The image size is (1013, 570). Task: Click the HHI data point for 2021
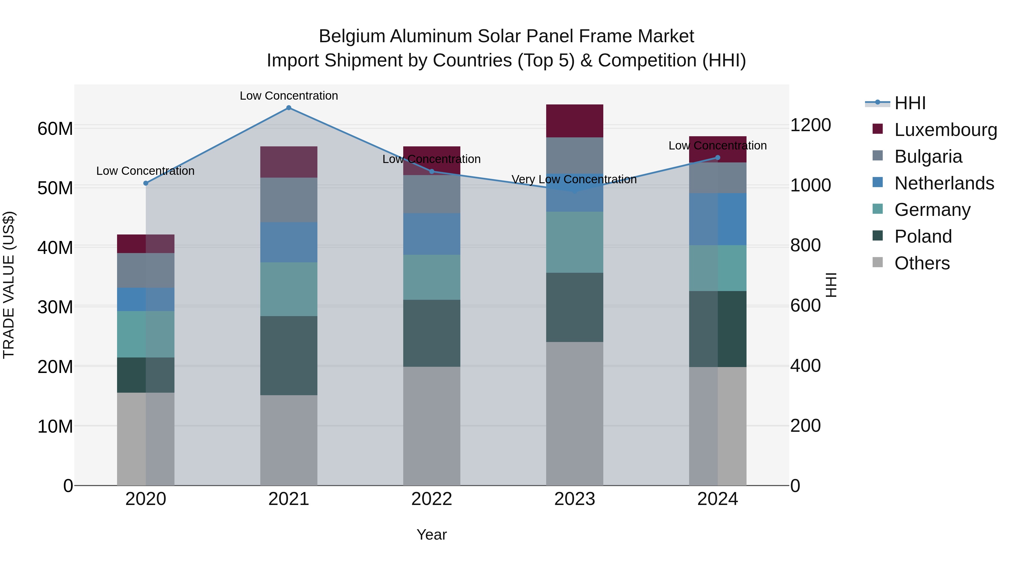[x=289, y=108]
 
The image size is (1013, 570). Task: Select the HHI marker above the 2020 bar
[x=146, y=183]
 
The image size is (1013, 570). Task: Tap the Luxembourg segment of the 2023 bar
[x=575, y=121]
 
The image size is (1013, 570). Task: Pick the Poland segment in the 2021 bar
[x=289, y=355]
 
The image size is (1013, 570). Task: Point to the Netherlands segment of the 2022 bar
[x=431, y=234]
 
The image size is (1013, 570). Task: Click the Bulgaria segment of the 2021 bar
[x=289, y=200]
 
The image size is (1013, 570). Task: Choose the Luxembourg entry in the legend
[x=945, y=130]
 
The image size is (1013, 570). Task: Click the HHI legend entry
[x=909, y=103]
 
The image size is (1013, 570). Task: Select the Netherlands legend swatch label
[x=944, y=183]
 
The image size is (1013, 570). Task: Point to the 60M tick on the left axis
[x=55, y=129]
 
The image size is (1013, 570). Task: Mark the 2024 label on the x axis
[x=717, y=499]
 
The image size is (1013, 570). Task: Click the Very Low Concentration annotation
[x=574, y=179]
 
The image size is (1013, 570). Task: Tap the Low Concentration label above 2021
[x=289, y=96]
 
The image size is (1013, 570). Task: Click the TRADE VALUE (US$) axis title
[x=9, y=285]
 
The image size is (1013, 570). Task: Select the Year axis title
[x=431, y=535]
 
